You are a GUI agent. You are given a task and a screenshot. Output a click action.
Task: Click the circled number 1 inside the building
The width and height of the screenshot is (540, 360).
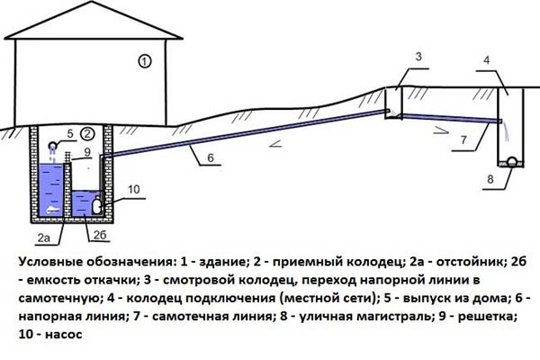(145, 62)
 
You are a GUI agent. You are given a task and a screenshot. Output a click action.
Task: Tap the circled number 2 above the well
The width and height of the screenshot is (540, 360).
(87, 133)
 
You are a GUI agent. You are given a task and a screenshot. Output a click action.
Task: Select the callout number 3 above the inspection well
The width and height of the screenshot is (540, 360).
(418, 57)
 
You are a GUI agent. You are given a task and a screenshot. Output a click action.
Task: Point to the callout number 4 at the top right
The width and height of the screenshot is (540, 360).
(486, 60)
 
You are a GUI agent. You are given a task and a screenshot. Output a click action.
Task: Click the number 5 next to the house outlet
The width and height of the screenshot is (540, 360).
(70, 134)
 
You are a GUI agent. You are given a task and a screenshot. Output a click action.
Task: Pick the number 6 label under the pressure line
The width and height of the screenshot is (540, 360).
(211, 157)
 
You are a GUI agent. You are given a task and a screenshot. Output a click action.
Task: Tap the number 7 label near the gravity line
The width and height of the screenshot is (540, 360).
(463, 139)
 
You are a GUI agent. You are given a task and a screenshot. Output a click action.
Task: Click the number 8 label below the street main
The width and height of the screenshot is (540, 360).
(490, 179)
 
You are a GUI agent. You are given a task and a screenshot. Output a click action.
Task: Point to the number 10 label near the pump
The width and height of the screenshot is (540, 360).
(133, 189)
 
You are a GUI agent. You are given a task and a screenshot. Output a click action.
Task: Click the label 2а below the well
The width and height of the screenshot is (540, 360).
(44, 238)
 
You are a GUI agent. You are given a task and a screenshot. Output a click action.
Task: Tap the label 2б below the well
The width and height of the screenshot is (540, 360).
(100, 235)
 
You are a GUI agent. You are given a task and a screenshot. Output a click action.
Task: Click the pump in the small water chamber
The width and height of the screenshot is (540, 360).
(97, 206)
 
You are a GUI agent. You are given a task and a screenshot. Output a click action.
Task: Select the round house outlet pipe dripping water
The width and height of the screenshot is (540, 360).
(53, 146)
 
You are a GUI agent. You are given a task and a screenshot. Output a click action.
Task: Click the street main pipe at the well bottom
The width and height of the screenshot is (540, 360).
(512, 161)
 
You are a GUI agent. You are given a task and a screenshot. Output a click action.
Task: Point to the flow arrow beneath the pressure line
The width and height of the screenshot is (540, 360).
(276, 144)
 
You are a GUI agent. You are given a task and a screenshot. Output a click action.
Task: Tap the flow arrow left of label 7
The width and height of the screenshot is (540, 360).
(441, 130)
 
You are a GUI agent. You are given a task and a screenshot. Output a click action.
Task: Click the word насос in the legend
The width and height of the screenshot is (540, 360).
(64, 335)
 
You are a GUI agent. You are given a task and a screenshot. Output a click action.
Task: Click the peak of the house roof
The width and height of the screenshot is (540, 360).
(92, 2)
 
